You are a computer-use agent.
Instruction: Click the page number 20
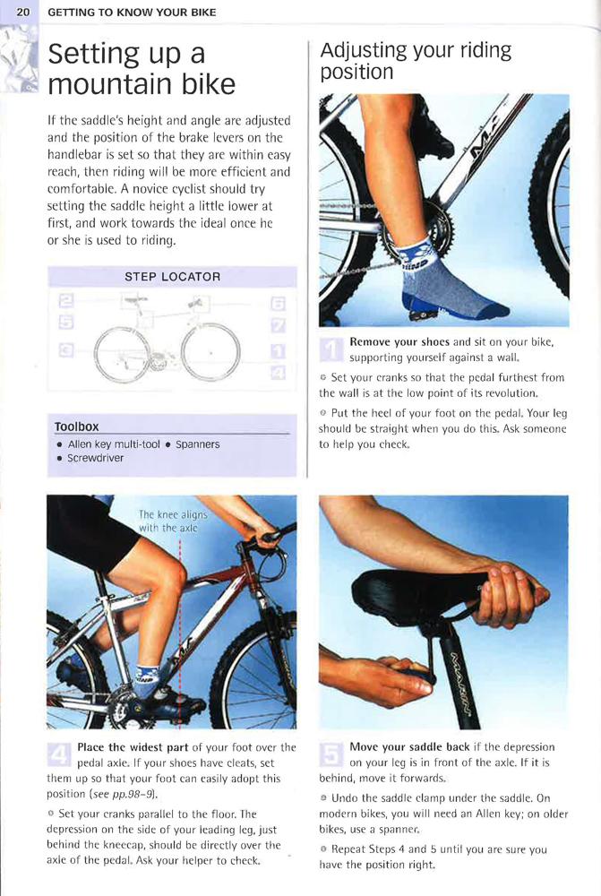(23, 12)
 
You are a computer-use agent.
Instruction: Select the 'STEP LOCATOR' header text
(173, 277)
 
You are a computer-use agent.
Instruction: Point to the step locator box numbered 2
(66, 300)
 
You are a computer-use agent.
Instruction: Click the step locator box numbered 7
(278, 326)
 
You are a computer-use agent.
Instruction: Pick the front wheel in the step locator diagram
(210, 352)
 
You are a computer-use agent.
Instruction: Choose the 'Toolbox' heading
(76, 426)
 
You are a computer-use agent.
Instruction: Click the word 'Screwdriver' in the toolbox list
(96, 458)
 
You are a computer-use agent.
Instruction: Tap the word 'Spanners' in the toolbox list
(198, 444)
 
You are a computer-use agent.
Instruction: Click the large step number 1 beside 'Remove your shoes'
(331, 349)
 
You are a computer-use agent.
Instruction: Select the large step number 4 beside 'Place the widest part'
(59, 754)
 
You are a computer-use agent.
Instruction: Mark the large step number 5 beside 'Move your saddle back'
(331, 754)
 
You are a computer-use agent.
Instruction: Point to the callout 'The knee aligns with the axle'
(173, 521)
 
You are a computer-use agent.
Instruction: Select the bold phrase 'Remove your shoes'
(399, 341)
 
